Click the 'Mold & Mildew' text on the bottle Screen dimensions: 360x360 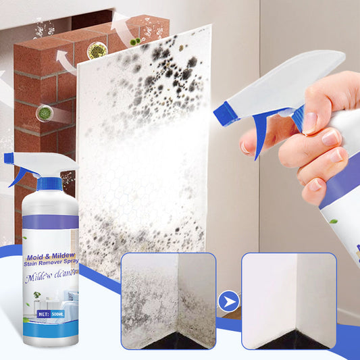point(51,257)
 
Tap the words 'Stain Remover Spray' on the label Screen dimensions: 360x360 point(51,265)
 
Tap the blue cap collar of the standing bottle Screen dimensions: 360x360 point(49,183)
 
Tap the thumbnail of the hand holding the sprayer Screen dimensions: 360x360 point(309,122)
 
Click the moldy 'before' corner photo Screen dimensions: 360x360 point(168,301)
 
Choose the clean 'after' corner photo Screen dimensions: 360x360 point(288,301)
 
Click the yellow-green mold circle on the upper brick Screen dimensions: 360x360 point(97,51)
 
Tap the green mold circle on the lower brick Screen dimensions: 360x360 point(44,113)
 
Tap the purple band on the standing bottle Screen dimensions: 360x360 point(51,222)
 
